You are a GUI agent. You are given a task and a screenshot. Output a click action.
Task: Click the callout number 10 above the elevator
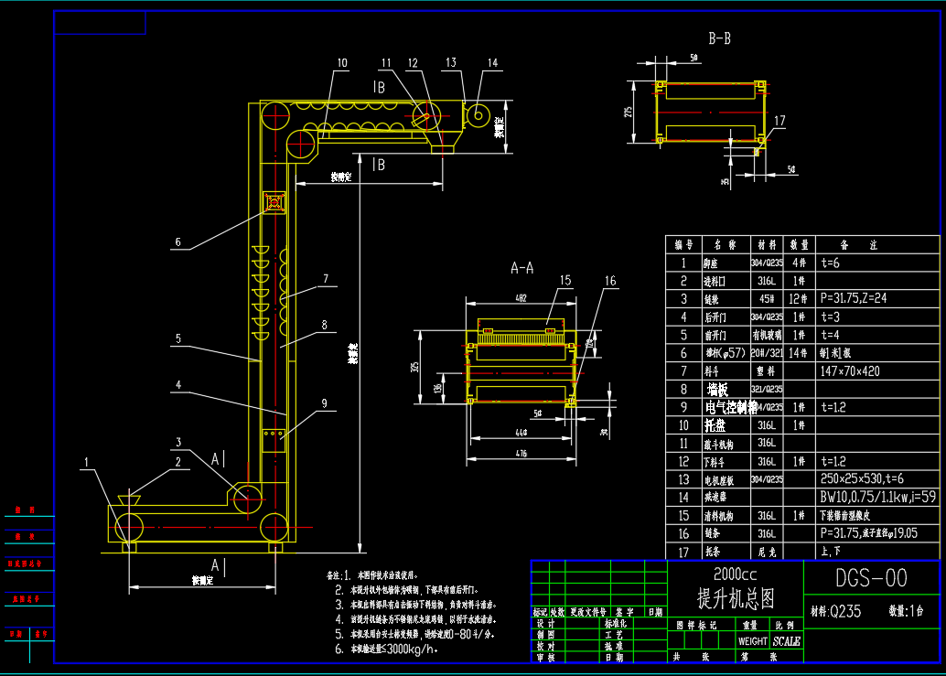point(341,63)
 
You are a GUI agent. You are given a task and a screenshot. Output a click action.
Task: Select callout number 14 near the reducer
point(493,63)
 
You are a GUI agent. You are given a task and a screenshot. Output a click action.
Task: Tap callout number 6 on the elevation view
point(178,243)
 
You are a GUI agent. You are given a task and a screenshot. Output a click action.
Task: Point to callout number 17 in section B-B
point(779,120)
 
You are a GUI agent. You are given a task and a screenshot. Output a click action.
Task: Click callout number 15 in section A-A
point(565,281)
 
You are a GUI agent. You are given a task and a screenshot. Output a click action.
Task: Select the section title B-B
point(719,38)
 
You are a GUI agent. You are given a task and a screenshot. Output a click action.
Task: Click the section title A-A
point(522,268)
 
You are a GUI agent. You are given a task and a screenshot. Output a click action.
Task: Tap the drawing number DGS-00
point(871,578)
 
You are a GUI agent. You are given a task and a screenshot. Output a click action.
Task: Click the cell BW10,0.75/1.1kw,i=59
point(877,497)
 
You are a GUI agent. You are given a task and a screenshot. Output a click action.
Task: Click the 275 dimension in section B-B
point(629,112)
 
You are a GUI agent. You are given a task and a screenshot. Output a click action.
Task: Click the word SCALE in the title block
point(787,641)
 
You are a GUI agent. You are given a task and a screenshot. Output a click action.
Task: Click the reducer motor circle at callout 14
point(477,115)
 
